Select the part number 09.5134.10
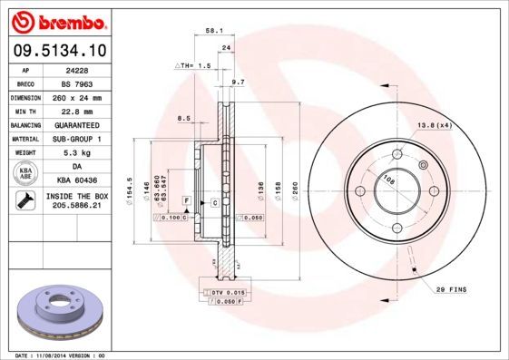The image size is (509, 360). [56, 51]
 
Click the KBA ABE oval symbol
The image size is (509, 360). [25, 174]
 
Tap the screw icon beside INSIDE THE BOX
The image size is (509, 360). [25, 200]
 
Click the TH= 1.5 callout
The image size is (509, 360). [192, 66]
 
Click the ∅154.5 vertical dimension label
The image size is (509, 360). [130, 190]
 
